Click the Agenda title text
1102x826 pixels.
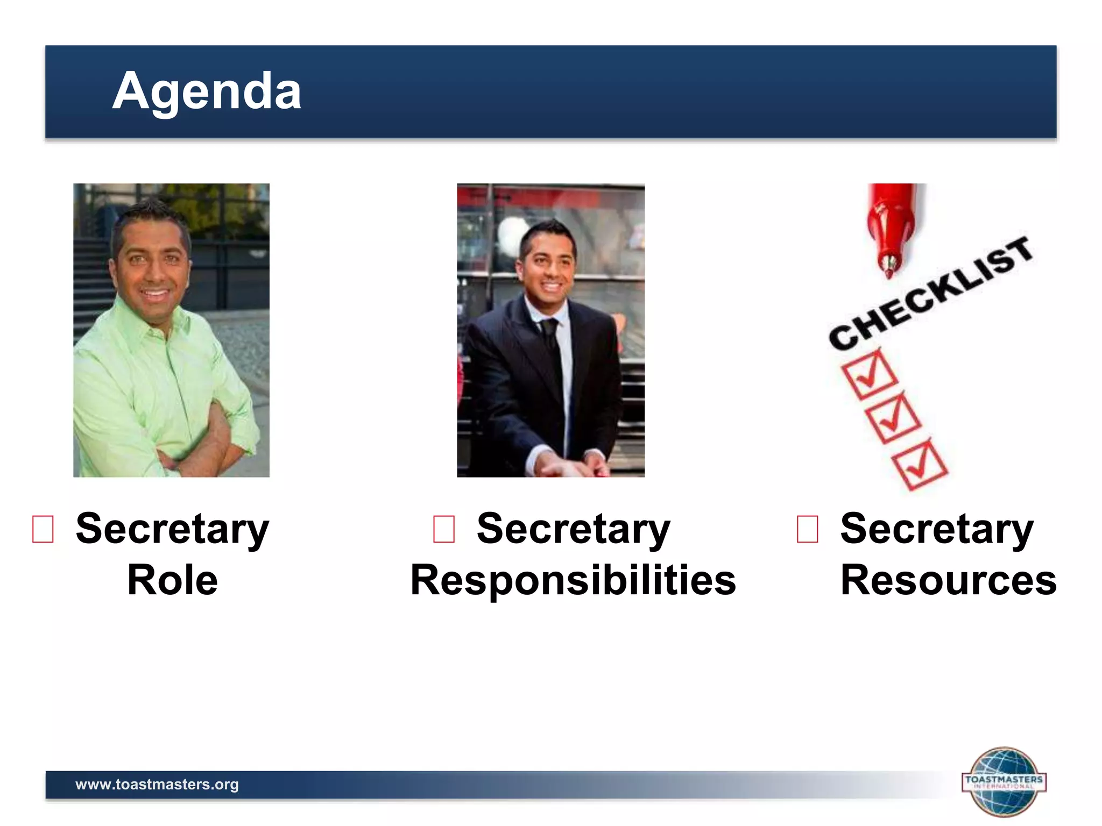coord(207,91)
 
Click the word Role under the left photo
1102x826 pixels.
coord(172,580)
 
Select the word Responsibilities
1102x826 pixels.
coord(573,580)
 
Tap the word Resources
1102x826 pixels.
coord(948,580)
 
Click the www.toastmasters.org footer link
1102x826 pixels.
coord(157,784)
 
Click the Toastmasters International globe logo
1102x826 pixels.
coord(1004,781)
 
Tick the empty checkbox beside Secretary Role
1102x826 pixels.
coord(43,529)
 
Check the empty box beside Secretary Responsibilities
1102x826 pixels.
coord(444,529)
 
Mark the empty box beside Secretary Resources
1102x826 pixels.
coord(807,529)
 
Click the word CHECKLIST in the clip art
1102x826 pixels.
coord(931,293)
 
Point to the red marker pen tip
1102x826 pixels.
coord(889,266)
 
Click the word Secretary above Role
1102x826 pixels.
coord(172,529)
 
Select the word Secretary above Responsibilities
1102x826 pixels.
coord(573,529)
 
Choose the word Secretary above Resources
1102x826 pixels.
coord(936,529)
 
